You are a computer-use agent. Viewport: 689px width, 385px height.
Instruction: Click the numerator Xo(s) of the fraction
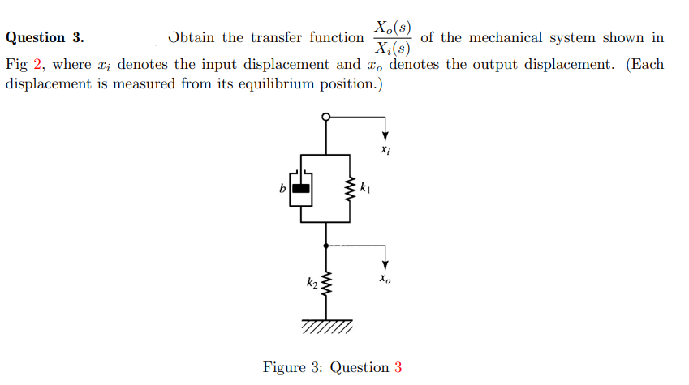392,25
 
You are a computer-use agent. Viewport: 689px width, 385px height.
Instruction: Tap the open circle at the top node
326,117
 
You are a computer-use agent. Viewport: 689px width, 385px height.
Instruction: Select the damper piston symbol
301,189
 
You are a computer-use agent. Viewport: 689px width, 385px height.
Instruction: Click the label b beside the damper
282,189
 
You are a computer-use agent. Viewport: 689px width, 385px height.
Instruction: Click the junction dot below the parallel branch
326,245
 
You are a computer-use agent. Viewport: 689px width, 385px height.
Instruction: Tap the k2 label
312,283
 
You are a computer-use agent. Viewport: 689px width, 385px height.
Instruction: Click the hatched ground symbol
326,327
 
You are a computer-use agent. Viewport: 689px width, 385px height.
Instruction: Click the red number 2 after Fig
37,65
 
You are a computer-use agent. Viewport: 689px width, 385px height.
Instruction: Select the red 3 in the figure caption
398,368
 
